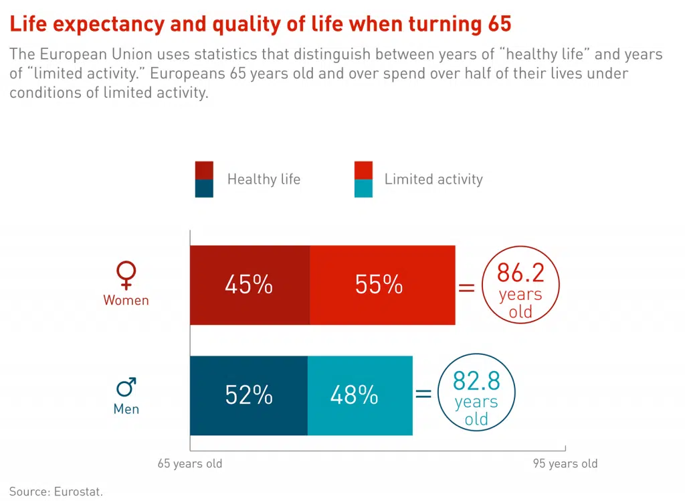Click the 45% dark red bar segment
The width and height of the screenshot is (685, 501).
(x=250, y=285)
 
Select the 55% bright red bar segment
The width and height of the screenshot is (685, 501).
(x=382, y=285)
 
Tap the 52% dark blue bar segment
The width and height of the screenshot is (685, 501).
(x=249, y=395)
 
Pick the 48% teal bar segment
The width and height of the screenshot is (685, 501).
(x=360, y=395)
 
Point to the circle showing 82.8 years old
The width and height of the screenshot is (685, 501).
(x=476, y=395)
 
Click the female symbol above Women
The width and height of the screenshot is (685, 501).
(x=126, y=273)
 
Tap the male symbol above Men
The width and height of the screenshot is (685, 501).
(x=126, y=386)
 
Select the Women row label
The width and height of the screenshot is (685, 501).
(x=126, y=300)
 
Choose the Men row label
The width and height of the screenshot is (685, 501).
(x=126, y=409)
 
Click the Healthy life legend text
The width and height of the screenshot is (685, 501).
(x=264, y=180)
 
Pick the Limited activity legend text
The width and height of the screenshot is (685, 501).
(x=433, y=180)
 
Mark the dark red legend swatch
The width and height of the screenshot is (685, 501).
(x=204, y=170)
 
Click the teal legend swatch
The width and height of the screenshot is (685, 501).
(x=363, y=189)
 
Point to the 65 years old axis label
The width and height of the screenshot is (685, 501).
(x=190, y=463)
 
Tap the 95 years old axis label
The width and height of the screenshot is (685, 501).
(x=565, y=463)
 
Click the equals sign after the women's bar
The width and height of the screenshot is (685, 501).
(x=466, y=287)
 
